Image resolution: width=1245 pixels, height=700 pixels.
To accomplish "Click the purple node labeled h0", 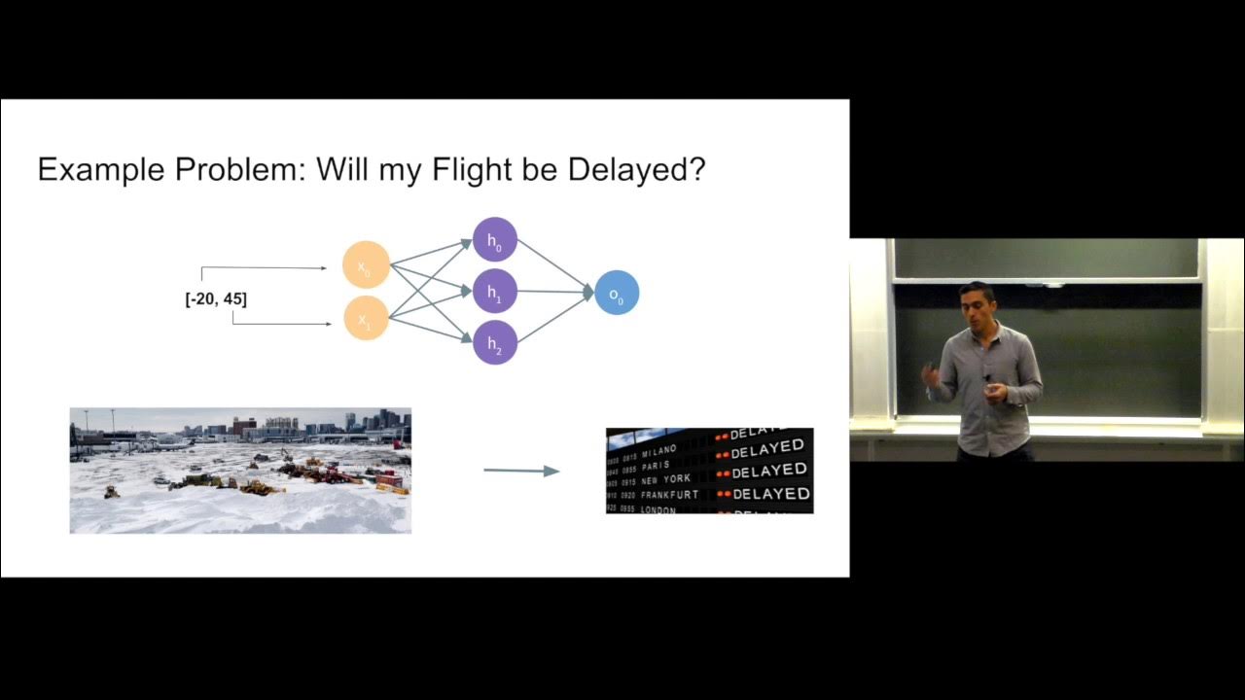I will click(495, 239).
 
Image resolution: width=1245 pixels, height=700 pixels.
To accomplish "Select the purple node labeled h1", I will click(495, 291).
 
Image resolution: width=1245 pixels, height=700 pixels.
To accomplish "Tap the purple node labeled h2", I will click(495, 342).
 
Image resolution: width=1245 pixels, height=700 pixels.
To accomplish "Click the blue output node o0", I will click(617, 293).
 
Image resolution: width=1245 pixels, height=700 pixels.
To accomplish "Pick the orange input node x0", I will click(366, 265).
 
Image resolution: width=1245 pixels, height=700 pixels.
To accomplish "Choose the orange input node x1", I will click(366, 318).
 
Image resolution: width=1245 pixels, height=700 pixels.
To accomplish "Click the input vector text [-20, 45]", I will click(216, 299).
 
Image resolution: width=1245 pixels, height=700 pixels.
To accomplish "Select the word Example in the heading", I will click(101, 170).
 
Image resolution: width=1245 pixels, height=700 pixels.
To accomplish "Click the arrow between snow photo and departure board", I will click(521, 471).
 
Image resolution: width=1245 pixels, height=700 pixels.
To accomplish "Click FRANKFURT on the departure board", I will click(669, 495).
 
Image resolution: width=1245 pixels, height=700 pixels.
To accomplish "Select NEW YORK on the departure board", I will click(665, 479).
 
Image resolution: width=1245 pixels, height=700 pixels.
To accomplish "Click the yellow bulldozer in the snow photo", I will click(259, 486).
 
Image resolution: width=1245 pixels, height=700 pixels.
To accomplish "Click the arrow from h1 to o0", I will click(554, 292).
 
